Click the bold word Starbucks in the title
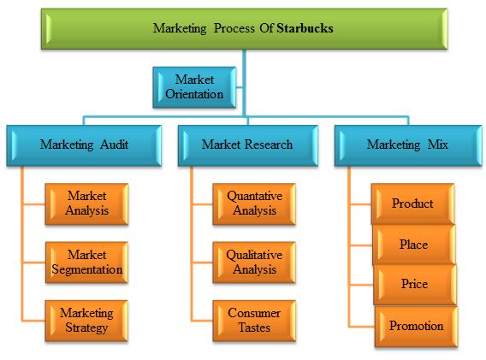point(305,28)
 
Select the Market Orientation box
point(194,87)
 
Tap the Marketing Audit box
point(84,145)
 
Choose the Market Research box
point(248,145)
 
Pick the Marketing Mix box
point(408,145)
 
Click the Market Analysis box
point(86,204)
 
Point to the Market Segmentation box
point(86,263)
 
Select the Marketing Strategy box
point(86,321)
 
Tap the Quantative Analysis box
point(254,204)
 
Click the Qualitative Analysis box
point(254,263)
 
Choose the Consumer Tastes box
point(254,321)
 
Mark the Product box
point(413,204)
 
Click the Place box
point(414,245)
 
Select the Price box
point(415,285)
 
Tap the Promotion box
point(416,327)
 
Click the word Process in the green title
point(234,28)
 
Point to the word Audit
point(114,145)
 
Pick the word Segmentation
point(87,269)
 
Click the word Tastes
point(254,328)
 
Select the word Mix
point(437,145)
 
